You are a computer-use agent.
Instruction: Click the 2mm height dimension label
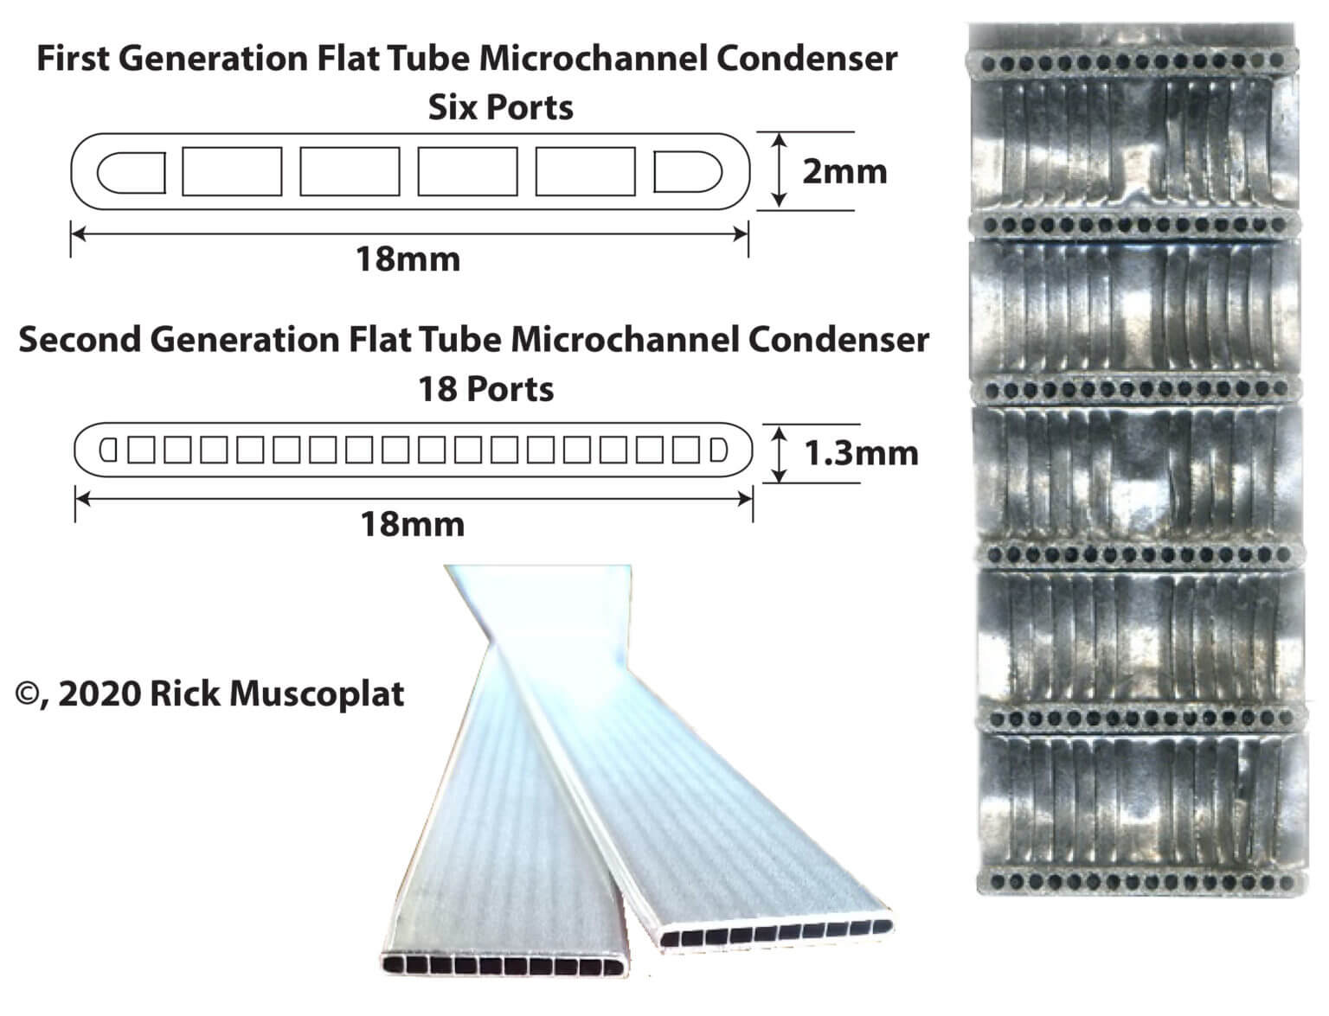(x=844, y=172)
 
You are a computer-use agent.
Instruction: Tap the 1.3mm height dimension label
(x=861, y=453)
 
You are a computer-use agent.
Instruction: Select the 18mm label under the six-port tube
(x=408, y=259)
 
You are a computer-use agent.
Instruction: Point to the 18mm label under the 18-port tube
(x=413, y=524)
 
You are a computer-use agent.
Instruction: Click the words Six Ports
(x=501, y=108)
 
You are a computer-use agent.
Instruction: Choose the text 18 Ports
(x=486, y=389)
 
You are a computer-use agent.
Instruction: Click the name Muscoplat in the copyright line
(x=317, y=693)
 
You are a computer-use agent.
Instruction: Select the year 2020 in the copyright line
(x=100, y=693)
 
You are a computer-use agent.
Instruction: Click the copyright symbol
(x=27, y=694)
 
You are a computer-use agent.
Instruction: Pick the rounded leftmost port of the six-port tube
(x=132, y=172)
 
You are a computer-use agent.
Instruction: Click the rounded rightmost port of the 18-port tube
(x=719, y=450)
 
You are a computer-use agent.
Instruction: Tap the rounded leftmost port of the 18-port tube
(x=108, y=450)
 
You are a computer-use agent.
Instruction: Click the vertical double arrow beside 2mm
(x=780, y=171)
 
